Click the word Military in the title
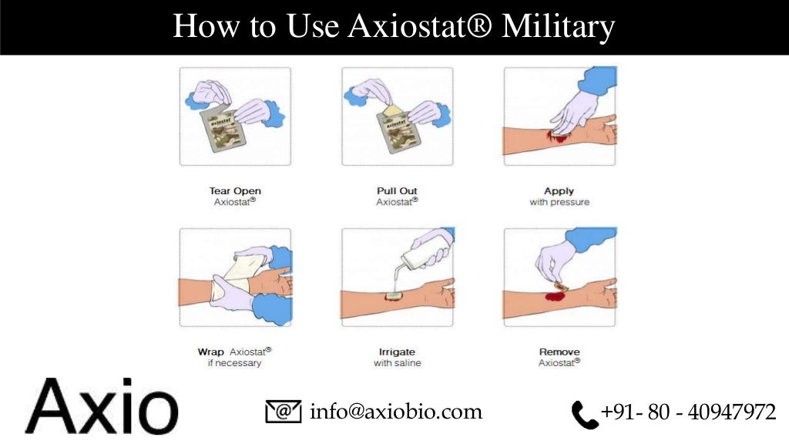pos(558,27)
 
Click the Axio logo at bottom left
pos(101,405)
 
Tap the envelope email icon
pos(283,412)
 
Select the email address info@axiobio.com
pos(396,412)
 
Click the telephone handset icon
pos(584,415)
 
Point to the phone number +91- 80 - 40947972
pos(688,412)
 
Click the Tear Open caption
pos(235,190)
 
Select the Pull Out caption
pos(398,190)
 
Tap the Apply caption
pos(559,190)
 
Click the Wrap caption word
pos(210,351)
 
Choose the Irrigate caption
pos(398,351)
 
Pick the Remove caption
pos(559,351)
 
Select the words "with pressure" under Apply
pos(559,202)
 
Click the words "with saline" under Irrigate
pos(398,363)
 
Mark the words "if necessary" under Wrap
pos(235,363)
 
